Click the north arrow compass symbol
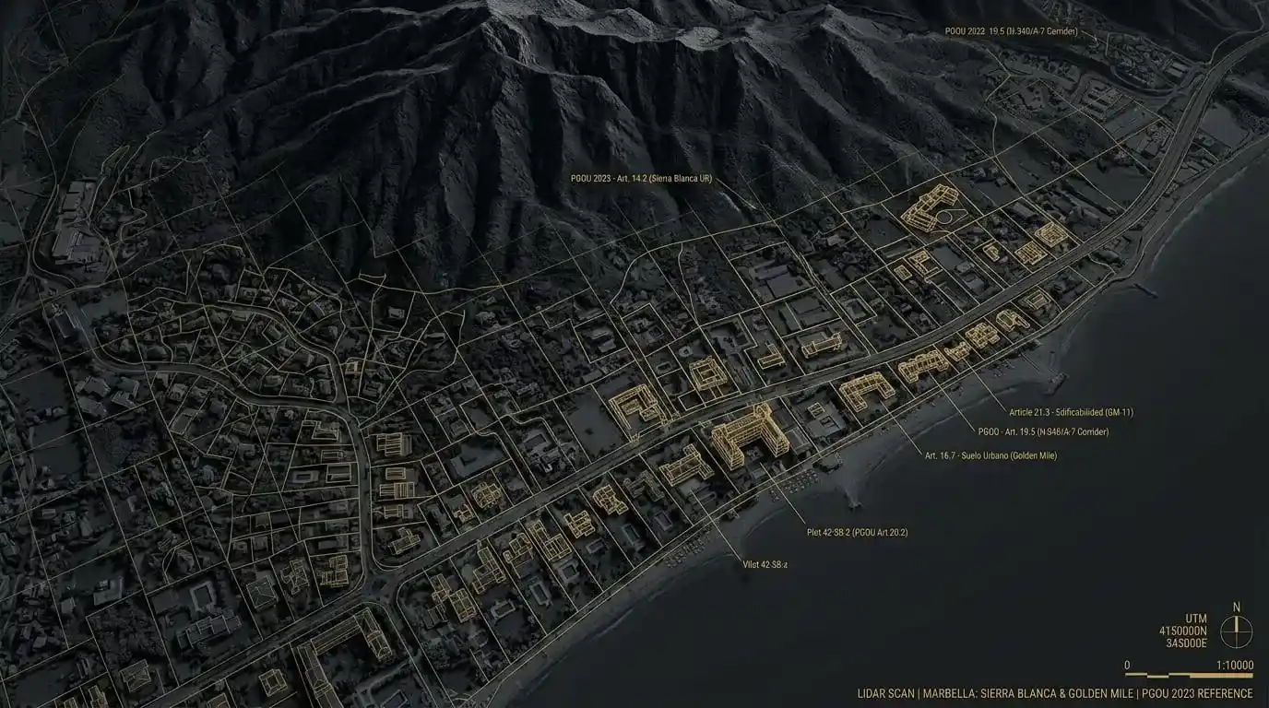(x=1236, y=631)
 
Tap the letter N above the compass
(x=1236, y=607)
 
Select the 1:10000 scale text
(x=1235, y=665)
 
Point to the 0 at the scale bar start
(x=1127, y=665)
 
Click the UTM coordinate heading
(x=1195, y=619)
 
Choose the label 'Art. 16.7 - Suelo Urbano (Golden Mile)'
(x=990, y=455)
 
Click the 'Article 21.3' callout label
(x=1071, y=412)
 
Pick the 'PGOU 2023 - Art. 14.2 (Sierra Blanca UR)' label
(x=641, y=178)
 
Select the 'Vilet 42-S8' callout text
(x=765, y=564)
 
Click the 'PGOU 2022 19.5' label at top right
(x=1011, y=31)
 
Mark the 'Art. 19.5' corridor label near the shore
(x=1042, y=431)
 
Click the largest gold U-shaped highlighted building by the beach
(x=743, y=440)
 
